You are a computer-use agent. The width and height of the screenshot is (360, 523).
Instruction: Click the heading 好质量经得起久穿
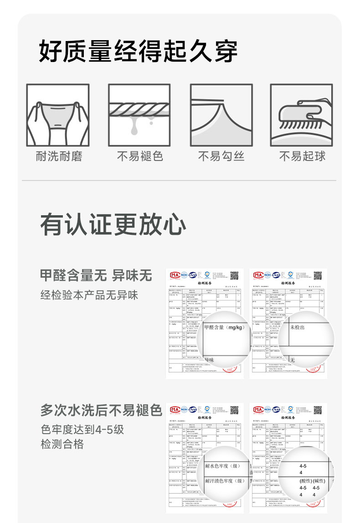pyautogui.click(x=138, y=51)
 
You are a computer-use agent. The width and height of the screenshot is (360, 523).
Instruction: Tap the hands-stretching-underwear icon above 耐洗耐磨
pyautogui.click(x=57, y=115)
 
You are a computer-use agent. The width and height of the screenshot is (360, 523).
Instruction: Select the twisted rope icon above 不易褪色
pyautogui.click(x=139, y=115)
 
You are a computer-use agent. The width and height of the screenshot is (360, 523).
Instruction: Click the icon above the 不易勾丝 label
pyautogui.click(x=221, y=115)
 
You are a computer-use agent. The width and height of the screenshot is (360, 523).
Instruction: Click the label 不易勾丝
pyautogui.click(x=221, y=156)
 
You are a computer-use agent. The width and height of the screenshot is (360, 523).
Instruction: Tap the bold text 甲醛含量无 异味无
pyautogui.click(x=96, y=275)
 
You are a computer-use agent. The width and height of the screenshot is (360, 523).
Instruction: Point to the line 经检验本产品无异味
pyautogui.click(x=89, y=295)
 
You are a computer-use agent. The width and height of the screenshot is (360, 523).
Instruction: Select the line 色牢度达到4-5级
pyautogui.click(x=82, y=430)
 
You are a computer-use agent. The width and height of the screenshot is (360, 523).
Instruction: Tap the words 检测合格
pyautogui.click(x=62, y=444)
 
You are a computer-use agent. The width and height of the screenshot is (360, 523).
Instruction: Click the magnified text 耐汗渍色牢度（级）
pyautogui.click(x=226, y=481)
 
